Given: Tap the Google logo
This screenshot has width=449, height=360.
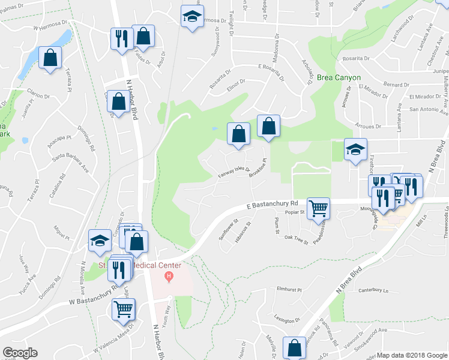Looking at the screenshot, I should [x=20, y=353].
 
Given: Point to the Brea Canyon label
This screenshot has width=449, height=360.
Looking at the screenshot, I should [x=339, y=78].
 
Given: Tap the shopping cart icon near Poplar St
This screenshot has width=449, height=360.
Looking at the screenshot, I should [x=318, y=209].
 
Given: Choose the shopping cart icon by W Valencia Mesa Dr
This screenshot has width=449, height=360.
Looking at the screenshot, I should [x=124, y=309].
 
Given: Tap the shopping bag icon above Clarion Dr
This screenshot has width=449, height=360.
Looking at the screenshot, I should [x=50, y=58].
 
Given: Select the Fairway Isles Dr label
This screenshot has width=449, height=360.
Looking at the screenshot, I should [x=234, y=172].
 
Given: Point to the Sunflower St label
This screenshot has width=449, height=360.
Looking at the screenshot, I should [x=228, y=229].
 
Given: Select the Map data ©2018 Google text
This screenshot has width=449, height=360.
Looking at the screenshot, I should [x=411, y=355].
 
